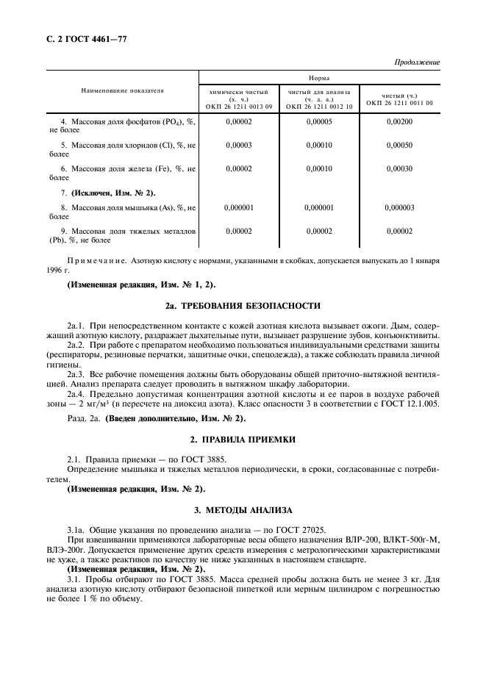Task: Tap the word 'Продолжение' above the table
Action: tap(418, 62)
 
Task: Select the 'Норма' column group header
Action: tap(319, 77)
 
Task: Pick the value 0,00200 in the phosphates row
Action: tap(399, 121)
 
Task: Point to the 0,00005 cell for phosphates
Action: tap(319, 121)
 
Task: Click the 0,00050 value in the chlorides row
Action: tap(399, 145)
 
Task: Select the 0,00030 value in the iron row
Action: tap(399, 168)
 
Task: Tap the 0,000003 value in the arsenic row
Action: tap(399, 207)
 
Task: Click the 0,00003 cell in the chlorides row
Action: tap(239, 145)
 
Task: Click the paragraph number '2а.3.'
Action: tap(76, 374)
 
